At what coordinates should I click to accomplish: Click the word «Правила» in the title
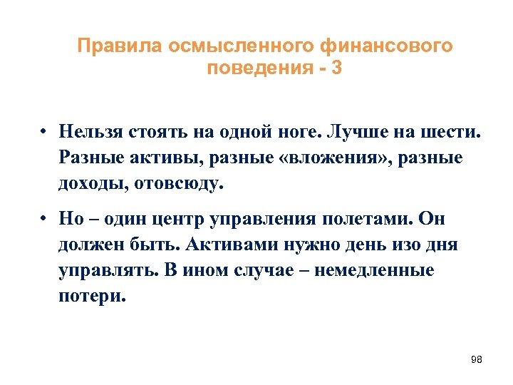pos(120,46)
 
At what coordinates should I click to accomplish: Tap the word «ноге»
pos(306,133)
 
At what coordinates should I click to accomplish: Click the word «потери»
pos(92,296)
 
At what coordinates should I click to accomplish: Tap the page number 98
pos(477,359)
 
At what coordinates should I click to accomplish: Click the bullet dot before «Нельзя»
pos(43,133)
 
